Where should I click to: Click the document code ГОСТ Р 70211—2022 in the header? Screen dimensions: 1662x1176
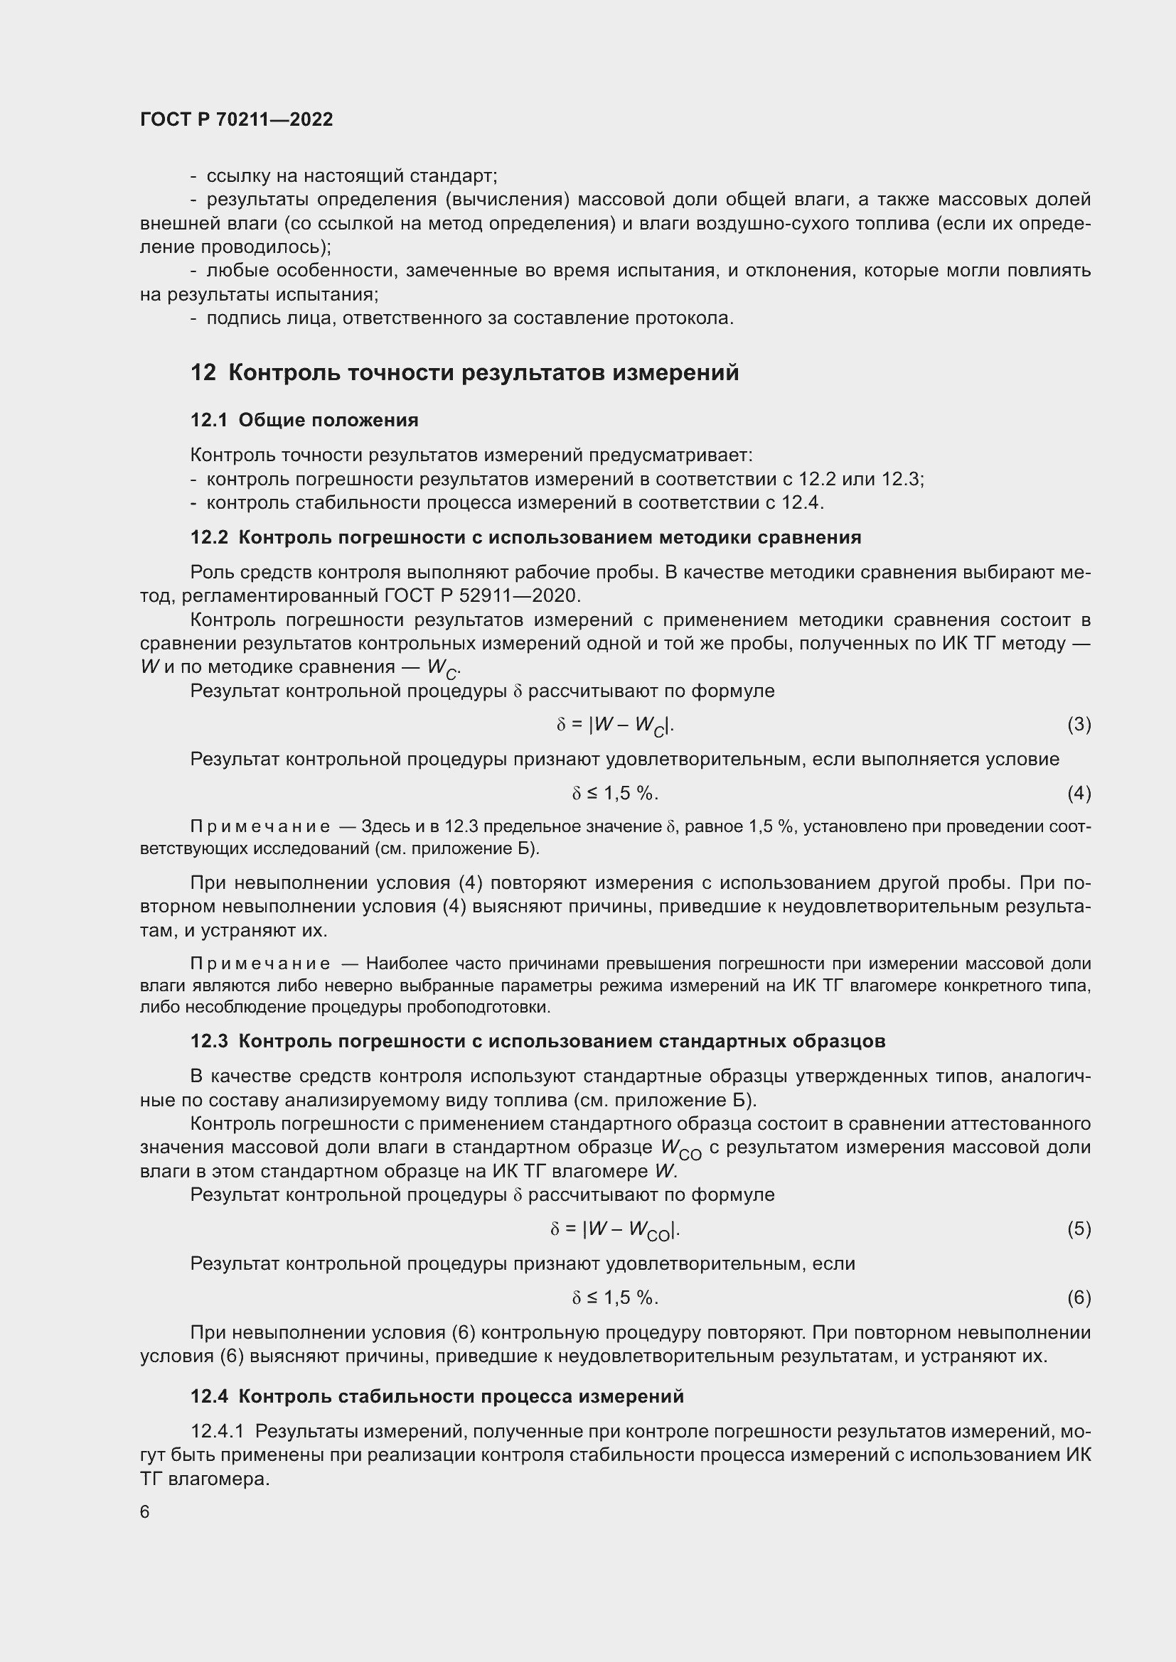pyautogui.click(x=236, y=120)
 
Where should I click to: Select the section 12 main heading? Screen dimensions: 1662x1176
pyautogui.click(x=464, y=373)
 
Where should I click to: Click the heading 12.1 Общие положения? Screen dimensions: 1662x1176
pyautogui.click(x=304, y=421)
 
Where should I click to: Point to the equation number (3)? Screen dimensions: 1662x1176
pyautogui.click(x=1079, y=725)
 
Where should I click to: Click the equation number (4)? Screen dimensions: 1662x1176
pyautogui.click(x=1079, y=794)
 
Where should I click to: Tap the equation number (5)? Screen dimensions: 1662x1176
pyautogui.click(x=1079, y=1229)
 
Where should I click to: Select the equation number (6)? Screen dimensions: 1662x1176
pyautogui.click(x=1079, y=1297)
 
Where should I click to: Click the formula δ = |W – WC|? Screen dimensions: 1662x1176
pyautogui.click(x=615, y=725)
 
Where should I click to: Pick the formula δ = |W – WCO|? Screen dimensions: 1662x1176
pyautogui.click(x=615, y=1229)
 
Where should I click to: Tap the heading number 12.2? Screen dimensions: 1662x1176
pyautogui.click(x=208, y=537)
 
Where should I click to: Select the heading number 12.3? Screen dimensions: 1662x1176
pyautogui.click(x=208, y=1041)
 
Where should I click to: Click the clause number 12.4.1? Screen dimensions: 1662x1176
pyautogui.click(x=218, y=1430)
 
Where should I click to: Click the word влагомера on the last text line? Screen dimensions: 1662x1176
pyautogui.click(x=218, y=1478)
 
